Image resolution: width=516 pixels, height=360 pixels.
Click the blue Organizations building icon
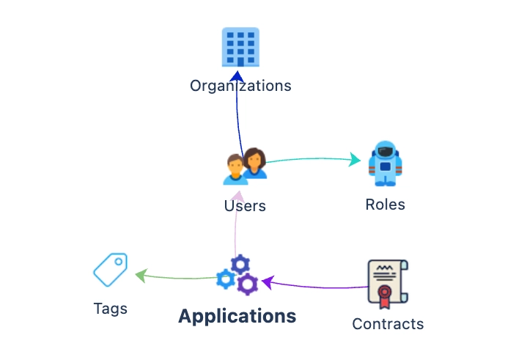coord(240,46)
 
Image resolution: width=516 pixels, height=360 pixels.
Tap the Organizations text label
coord(240,86)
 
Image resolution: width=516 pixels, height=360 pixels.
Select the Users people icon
coord(245,166)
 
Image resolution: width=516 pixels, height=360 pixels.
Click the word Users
coord(245,206)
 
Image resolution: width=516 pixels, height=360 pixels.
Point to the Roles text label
coord(385,205)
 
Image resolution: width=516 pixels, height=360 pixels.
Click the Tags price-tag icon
coord(111,269)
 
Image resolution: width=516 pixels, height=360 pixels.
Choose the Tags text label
coord(111,309)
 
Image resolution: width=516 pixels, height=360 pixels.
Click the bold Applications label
coord(237,317)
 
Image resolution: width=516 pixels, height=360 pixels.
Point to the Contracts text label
coord(388,324)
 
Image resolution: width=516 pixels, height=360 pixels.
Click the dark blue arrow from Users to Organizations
coord(237,110)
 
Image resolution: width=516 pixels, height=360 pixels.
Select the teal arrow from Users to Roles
coord(308,158)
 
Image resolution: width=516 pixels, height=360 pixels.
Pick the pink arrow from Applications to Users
coord(235,227)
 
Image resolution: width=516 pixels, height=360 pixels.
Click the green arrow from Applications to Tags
coord(176,278)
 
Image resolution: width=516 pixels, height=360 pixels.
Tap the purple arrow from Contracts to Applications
coord(315,286)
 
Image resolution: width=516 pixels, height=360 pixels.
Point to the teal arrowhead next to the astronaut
coord(356,161)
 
